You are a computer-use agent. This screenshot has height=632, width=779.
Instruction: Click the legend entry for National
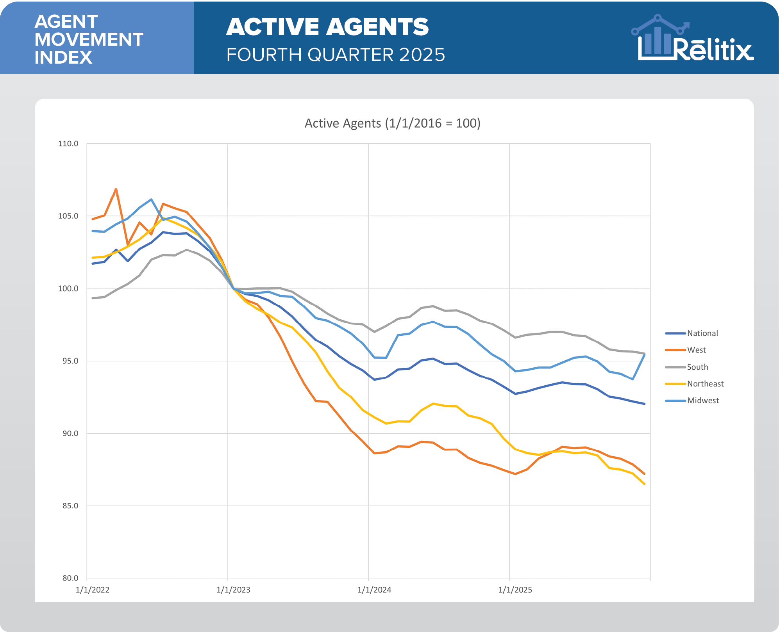[x=702, y=333]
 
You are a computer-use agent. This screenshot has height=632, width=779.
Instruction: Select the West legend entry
[x=696, y=350]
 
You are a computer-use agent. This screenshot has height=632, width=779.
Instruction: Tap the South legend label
[x=697, y=367]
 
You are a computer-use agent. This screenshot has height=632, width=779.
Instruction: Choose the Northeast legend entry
[x=705, y=384]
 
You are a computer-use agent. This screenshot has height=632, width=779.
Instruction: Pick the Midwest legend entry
[x=703, y=401]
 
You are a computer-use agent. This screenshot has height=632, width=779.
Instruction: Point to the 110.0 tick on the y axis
[x=68, y=144]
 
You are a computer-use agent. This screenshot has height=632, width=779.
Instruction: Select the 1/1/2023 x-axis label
[x=233, y=590]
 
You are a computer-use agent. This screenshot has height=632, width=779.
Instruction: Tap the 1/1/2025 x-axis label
[x=515, y=590]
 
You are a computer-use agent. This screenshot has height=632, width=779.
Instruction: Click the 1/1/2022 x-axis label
[x=93, y=590]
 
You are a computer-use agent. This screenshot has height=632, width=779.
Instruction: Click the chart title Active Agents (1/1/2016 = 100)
[x=392, y=123]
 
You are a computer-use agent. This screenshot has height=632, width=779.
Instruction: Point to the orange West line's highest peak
[x=116, y=189]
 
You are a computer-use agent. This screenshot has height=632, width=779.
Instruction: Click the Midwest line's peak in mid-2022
[x=151, y=199]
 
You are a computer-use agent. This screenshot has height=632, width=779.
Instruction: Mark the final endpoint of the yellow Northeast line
[x=644, y=484]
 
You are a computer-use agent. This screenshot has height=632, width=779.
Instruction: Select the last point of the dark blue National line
[x=644, y=404]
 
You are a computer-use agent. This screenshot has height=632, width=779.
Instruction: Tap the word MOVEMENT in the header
[x=89, y=39]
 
